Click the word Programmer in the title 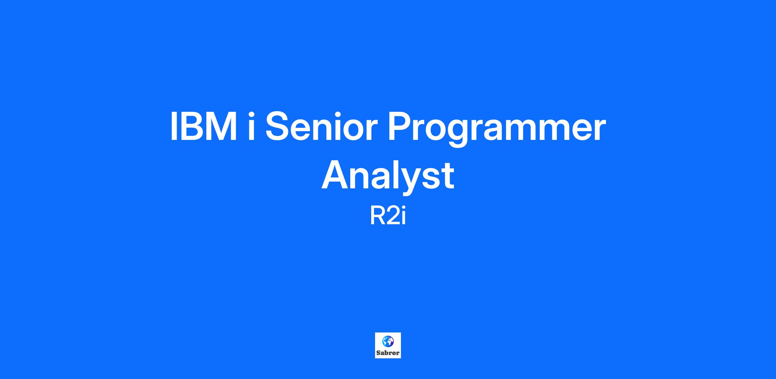coord(497,129)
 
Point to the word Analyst coord(388,176)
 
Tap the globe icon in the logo coord(388,341)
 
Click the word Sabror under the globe coord(388,353)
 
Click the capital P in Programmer coord(400,127)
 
